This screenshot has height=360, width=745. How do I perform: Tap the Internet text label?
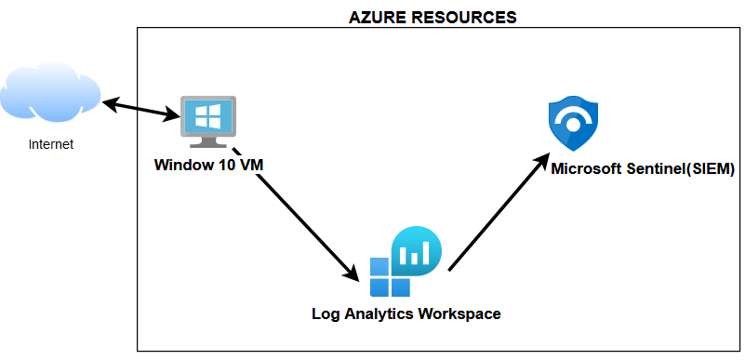pos(51,144)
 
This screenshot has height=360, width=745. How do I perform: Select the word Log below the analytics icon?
pos(325,313)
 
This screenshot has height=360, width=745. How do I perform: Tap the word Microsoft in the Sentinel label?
pos(586,169)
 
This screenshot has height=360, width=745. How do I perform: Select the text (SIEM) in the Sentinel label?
pos(710,169)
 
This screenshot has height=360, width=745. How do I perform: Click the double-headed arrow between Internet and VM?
pos(140,107)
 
